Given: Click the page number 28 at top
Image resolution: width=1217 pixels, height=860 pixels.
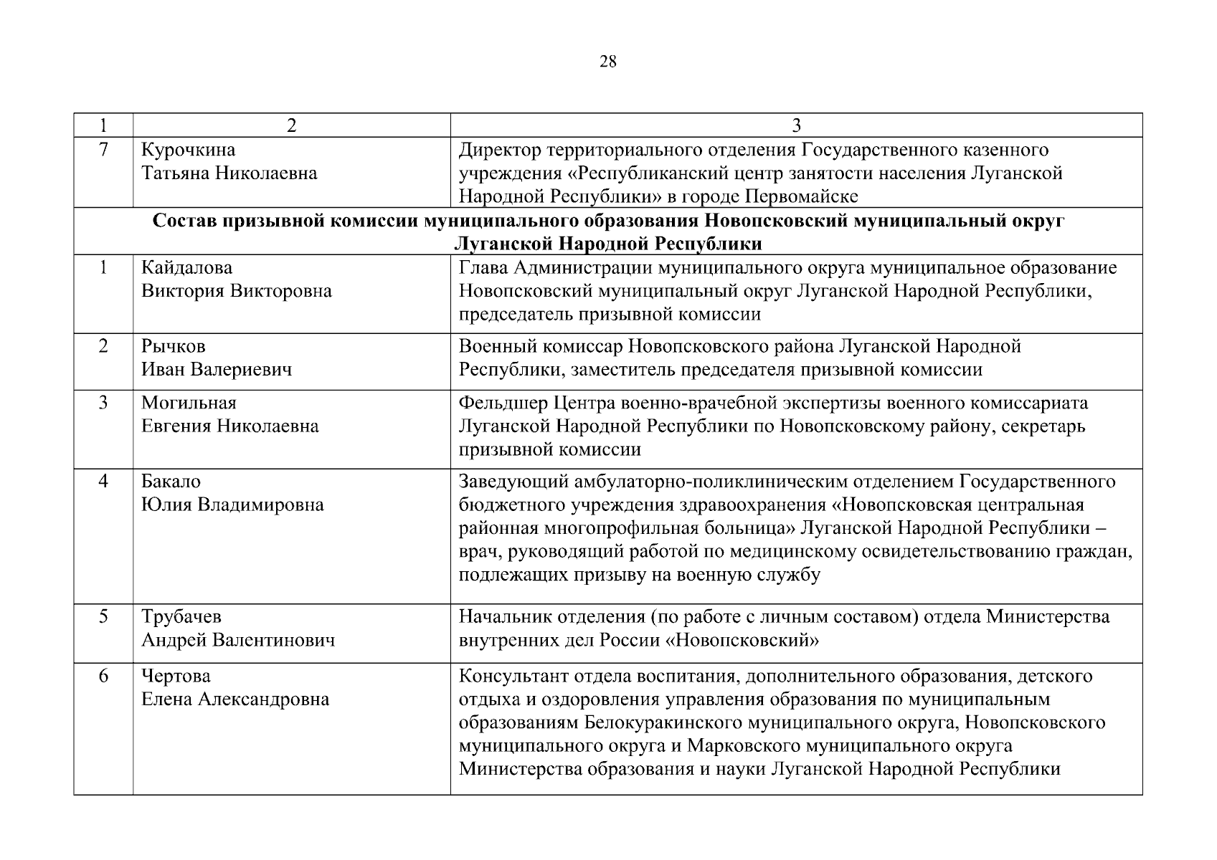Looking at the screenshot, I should [x=607, y=62].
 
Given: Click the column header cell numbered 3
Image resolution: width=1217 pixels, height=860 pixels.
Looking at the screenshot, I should [x=796, y=125].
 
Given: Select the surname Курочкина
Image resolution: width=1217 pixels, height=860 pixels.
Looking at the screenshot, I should [x=188, y=150].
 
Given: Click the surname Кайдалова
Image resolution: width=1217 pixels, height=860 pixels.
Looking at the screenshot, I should [x=186, y=268].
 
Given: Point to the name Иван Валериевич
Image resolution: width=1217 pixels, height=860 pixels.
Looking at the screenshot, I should [x=217, y=370].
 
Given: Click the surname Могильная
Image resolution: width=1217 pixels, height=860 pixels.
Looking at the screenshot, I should [x=189, y=403].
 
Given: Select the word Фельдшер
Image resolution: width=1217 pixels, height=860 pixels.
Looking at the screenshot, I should [x=503, y=403].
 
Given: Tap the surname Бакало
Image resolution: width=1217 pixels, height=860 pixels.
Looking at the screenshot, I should [x=171, y=481].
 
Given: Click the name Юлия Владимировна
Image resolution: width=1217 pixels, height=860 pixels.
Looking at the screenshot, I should [x=232, y=505].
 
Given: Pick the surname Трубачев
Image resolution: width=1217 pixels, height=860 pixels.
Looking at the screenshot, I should [x=181, y=616].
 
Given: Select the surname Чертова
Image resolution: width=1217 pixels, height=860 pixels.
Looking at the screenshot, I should [x=176, y=676].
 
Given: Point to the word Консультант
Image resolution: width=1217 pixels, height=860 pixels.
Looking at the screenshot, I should [x=511, y=676].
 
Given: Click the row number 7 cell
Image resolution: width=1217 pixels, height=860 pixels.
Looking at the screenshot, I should [x=103, y=150].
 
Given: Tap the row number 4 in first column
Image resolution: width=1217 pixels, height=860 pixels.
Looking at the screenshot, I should [x=103, y=481].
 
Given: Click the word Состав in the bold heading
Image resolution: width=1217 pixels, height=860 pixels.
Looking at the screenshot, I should [x=184, y=221].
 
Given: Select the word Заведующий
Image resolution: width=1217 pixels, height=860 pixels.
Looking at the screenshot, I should [x=513, y=481].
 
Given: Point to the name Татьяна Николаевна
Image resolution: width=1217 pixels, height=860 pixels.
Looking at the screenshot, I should [x=229, y=173].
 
